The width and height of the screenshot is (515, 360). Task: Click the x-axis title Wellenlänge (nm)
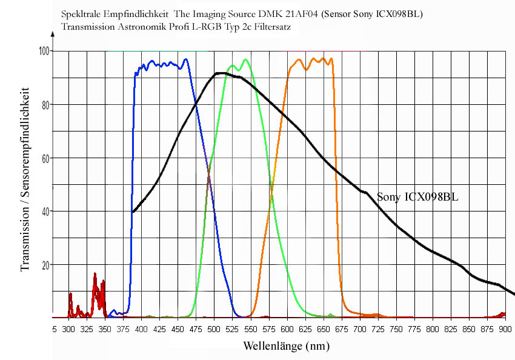click(x=287, y=347)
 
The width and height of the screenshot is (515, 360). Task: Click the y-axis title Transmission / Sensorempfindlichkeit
click(x=25, y=181)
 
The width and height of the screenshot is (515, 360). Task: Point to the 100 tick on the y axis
click(x=44, y=52)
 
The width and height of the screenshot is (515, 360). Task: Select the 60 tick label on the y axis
click(x=45, y=158)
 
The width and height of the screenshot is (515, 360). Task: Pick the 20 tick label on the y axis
click(x=45, y=265)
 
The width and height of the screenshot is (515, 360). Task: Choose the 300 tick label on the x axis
click(x=68, y=329)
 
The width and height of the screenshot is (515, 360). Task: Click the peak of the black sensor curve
click(x=221, y=73)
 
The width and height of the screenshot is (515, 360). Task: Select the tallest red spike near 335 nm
click(x=95, y=275)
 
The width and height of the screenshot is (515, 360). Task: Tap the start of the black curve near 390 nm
click(x=133, y=212)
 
